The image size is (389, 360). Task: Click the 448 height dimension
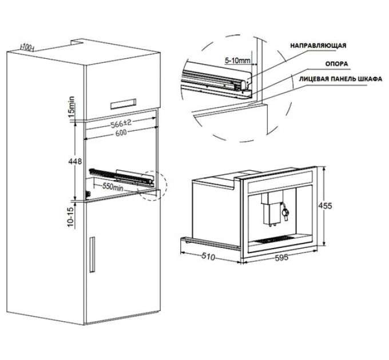(75, 162)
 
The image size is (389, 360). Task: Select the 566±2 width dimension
(121, 123)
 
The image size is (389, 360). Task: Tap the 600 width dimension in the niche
(121, 133)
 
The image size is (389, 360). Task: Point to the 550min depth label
(113, 186)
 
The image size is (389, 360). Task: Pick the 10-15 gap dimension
(71, 217)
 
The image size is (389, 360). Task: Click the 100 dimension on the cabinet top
(27, 47)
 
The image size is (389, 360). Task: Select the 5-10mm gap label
(237, 61)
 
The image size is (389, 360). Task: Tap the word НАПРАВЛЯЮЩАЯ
(318, 46)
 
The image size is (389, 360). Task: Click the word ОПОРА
(336, 64)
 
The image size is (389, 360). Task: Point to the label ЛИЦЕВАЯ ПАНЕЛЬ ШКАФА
(340, 79)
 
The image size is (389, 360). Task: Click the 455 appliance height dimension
(325, 206)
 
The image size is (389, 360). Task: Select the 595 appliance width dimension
(282, 258)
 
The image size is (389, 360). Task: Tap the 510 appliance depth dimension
(208, 257)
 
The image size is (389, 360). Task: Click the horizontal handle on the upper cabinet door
(123, 104)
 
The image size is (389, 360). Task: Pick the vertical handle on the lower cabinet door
(92, 254)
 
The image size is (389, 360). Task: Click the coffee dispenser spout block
(272, 207)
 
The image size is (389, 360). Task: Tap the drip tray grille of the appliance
(275, 239)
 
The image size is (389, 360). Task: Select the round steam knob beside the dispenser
(285, 212)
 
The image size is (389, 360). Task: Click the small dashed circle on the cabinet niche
(152, 186)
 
